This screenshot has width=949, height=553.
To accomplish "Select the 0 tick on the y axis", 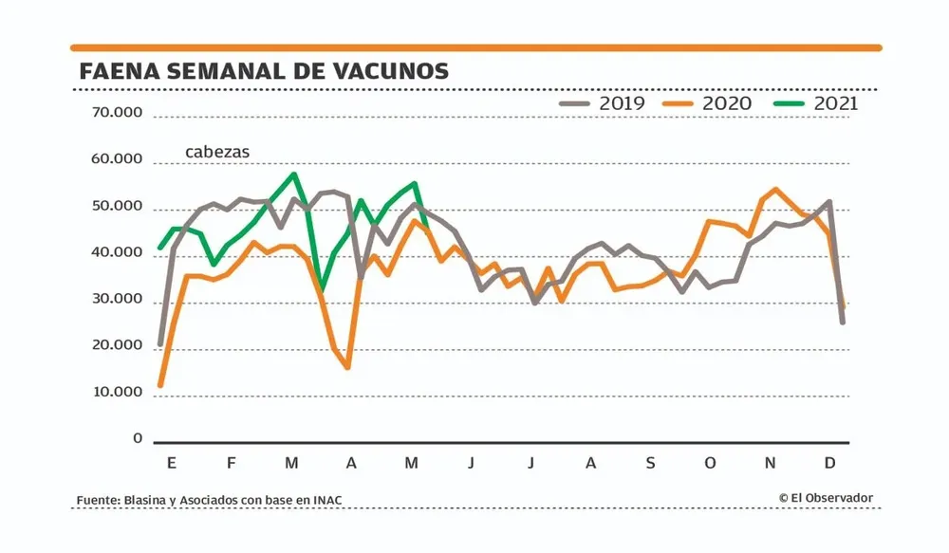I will tap(138, 439).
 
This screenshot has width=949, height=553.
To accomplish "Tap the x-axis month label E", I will tap(171, 464).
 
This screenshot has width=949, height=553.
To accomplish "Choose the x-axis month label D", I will tap(829, 464).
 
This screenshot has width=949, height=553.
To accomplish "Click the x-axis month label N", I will tap(771, 464).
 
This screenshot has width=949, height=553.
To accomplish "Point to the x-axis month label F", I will tap(231, 464).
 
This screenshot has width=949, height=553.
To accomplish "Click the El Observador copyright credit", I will tap(826, 498).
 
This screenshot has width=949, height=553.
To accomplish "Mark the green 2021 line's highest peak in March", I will tap(294, 175).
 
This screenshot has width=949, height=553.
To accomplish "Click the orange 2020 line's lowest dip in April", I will tap(348, 367).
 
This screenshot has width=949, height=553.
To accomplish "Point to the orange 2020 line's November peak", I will tap(776, 190).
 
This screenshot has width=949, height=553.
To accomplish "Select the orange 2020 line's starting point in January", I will tap(160, 385).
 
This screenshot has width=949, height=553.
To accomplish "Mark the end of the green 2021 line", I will tap(426, 225).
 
